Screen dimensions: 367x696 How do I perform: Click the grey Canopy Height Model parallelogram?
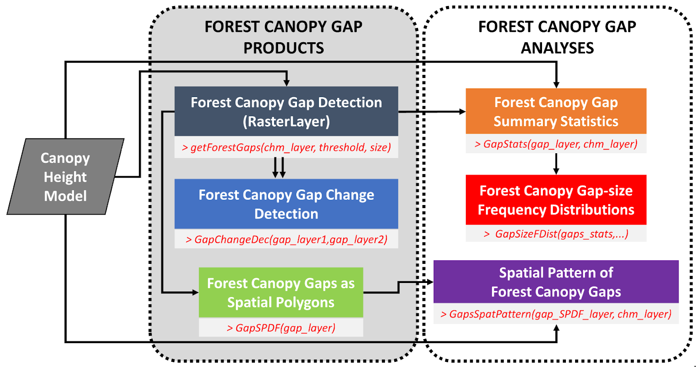pyautogui.click(x=65, y=177)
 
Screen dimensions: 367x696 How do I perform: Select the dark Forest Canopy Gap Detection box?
pyautogui.click(x=286, y=111)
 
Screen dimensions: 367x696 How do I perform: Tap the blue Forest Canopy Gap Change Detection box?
pyautogui.click(x=286, y=204)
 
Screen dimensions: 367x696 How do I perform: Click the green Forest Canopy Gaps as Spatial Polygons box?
pyautogui.click(x=281, y=293)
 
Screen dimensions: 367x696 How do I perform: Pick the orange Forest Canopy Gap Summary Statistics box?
pyautogui.click(x=556, y=111)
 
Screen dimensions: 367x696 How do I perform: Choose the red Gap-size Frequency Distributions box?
pyautogui.click(x=556, y=200)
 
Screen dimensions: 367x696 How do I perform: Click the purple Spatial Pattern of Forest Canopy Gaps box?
pyautogui.click(x=556, y=282)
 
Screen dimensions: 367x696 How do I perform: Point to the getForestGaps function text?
pyautogui.click(x=286, y=148)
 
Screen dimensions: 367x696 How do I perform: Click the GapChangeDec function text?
pyautogui.click(x=286, y=239)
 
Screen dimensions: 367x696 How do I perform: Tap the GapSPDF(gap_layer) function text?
pyautogui.click(x=281, y=328)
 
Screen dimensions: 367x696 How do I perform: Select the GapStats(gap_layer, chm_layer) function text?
pyautogui.click(x=556, y=144)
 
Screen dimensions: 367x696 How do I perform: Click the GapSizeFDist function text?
pyautogui.click(x=556, y=234)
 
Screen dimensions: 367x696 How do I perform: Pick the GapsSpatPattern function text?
pyautogui.click(x=556, y=314)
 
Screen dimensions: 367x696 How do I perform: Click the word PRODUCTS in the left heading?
pyautogui.click(x=283, y=48)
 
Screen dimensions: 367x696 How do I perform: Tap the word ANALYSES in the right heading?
pyautogui.click(x=557, y=48)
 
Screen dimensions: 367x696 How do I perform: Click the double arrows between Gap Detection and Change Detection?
pyautogui.click(x=279, y=168)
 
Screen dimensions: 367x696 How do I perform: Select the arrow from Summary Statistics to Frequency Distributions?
pyautogui.click(x=556, y=164)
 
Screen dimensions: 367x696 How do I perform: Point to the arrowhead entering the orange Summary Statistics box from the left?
pyautogui.click(x=462, y=112)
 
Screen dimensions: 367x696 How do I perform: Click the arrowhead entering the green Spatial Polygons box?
pyautogui.click(x=195, y=293)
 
